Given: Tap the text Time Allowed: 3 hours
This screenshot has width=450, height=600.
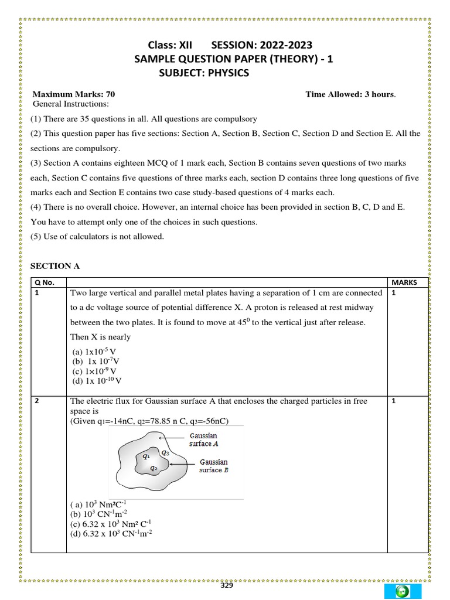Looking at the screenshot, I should (x=350, y=94).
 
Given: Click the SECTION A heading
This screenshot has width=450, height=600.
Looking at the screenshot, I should (x=54, y=266).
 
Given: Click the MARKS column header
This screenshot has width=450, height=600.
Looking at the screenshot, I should (x=404, y=282).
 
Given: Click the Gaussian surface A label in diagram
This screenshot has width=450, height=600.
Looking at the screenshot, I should (x=203, y=439).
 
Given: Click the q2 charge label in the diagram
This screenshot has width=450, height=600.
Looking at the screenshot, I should (x=153, y=468).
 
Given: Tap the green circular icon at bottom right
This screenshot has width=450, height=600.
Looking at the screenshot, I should (x=401, y=592).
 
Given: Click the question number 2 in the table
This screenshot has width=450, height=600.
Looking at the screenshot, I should (x=37, y=401).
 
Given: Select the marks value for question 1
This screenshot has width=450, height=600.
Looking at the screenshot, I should (x=394, y=294).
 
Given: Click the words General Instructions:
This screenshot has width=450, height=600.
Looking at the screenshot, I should (x=71, y=104).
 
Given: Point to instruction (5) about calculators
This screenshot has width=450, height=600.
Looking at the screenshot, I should (x=97, y=237).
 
